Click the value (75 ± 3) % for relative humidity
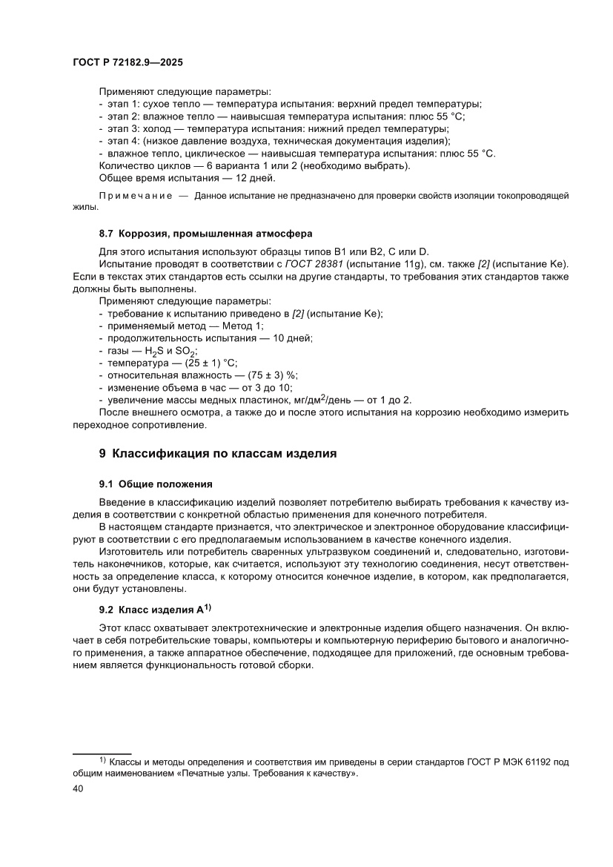pyautogui.click(x=257, y=375)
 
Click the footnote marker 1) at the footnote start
pyautogui.click(x=103, y=760)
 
